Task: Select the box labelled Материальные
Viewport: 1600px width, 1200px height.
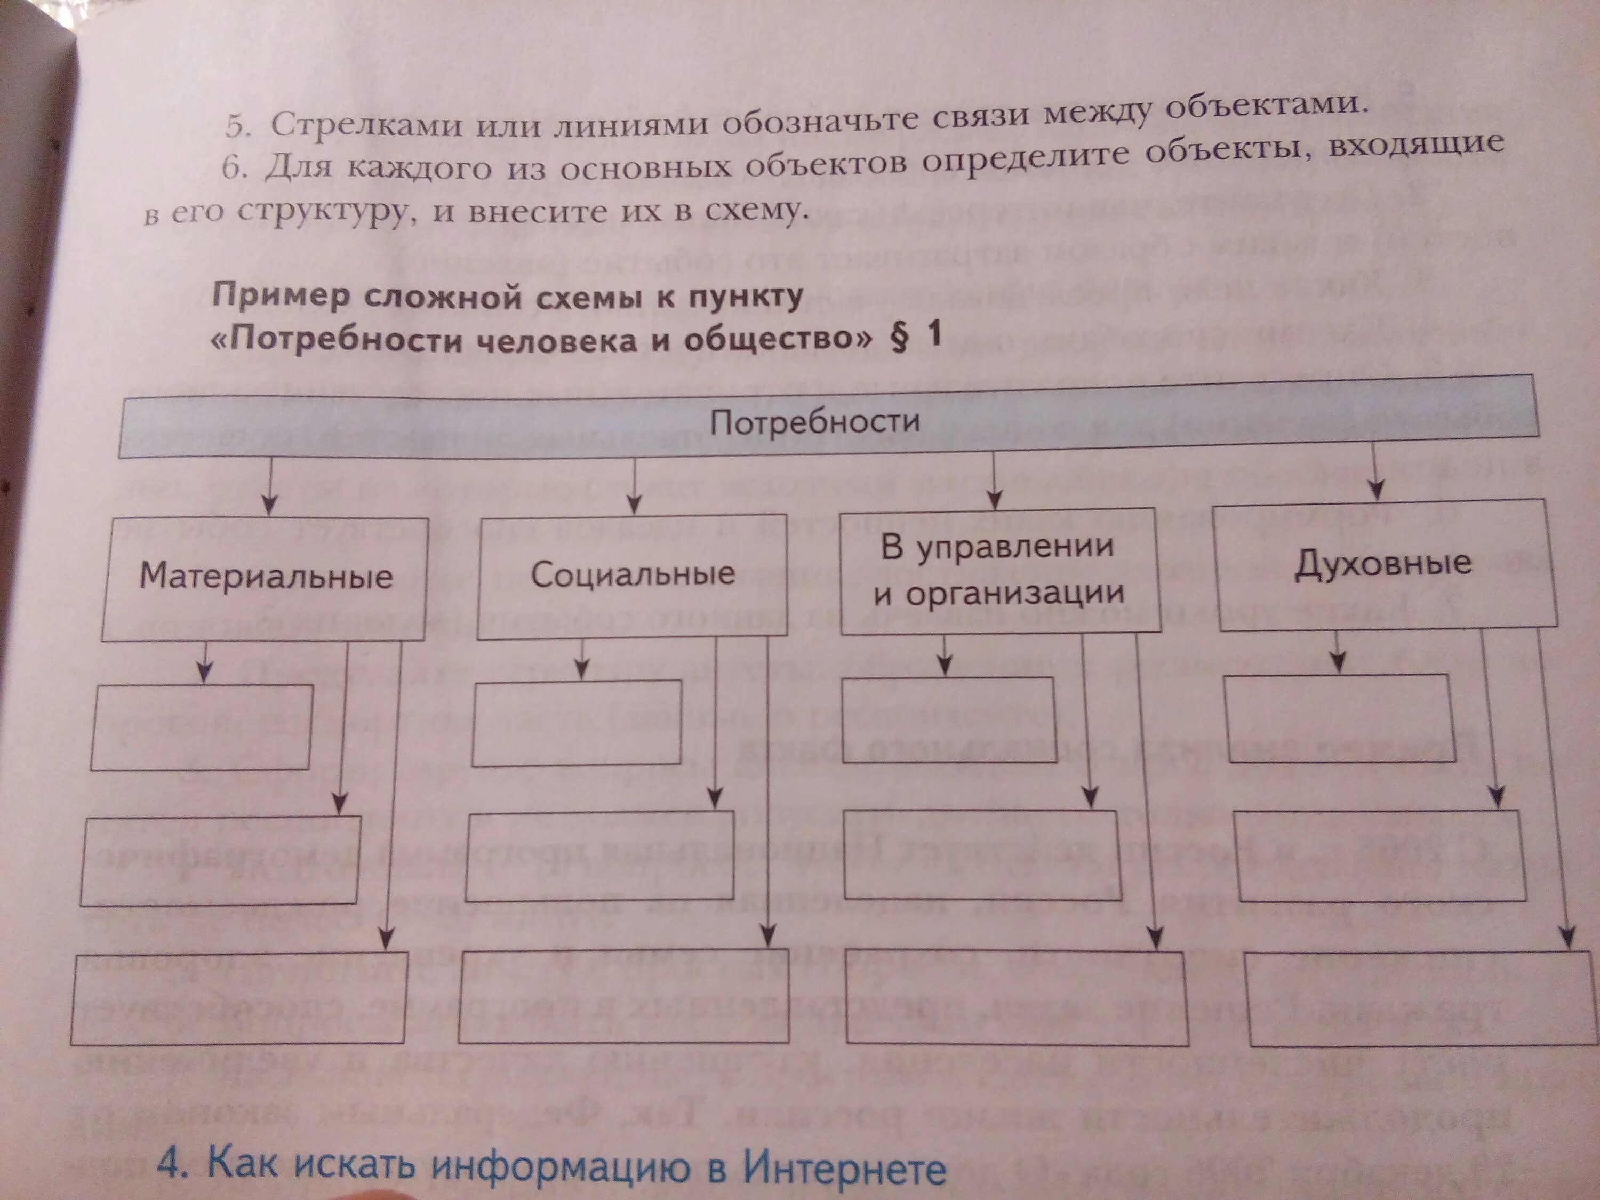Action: point(266,579)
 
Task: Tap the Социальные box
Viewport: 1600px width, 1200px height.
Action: point(633,575)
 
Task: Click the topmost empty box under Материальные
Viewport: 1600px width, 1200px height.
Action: point(202,727)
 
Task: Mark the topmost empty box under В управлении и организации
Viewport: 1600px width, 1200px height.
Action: point(949,719)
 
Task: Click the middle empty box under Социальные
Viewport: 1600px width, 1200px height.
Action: point(599,855)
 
